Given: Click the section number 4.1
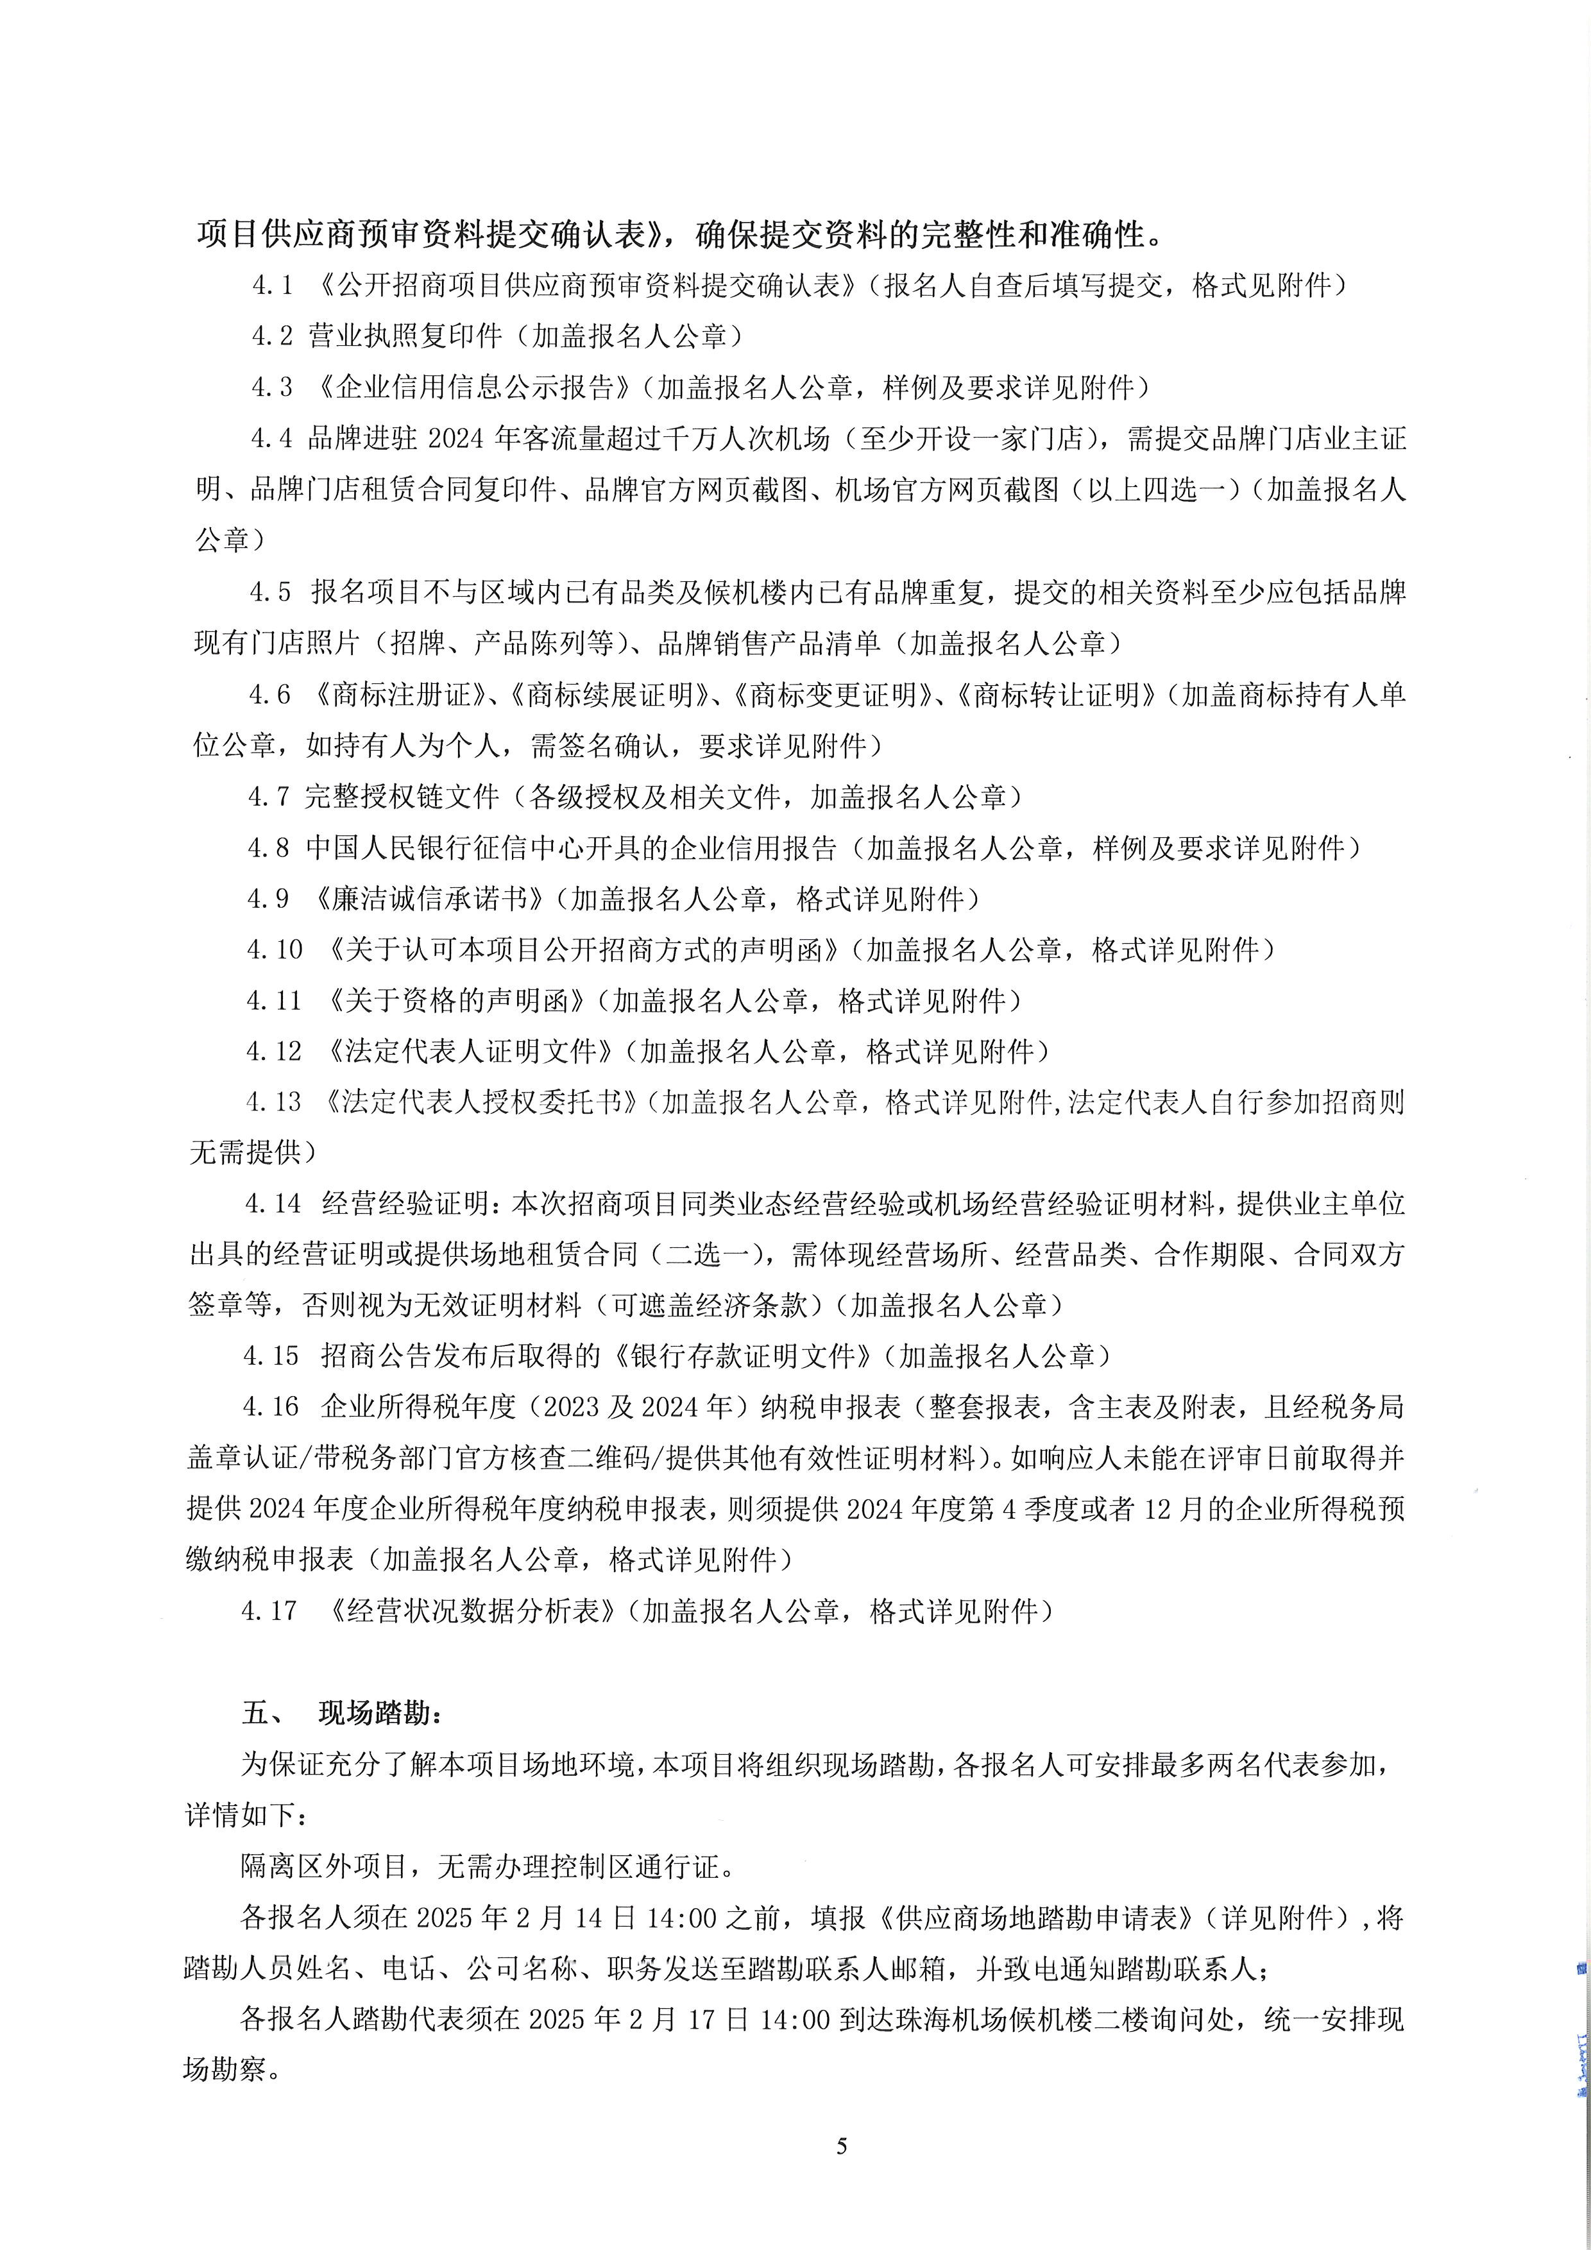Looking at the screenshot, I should (273, 285).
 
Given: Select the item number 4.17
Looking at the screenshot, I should (269, 1610).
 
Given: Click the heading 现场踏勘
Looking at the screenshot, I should (380, 1713).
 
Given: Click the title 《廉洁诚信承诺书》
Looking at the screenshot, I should (430, 899).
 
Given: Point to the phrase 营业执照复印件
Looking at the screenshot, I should (405, 336).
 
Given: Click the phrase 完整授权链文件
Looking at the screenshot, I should (403, 797).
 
